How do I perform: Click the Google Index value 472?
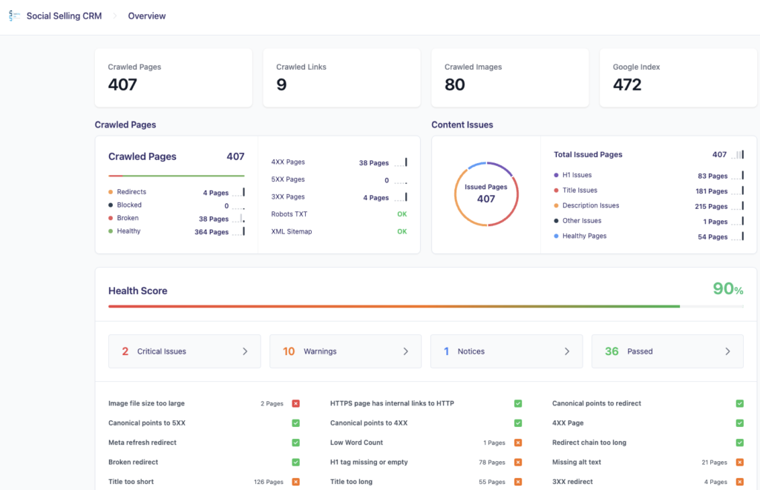pyautogui.click(x=627, y=85)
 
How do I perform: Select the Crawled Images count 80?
pyautogui.click(x=455, y=85)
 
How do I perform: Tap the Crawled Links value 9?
pyautogui.click(x=281, y=85)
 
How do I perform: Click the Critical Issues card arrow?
pyautogui.click(x=245, y=351)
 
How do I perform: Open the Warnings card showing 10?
pyautogui.click(x=345, y=351)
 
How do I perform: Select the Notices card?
pyautogui.click(x=506, y=351)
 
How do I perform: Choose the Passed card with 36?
pyautogui.click(x=667, y=351)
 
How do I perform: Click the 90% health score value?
pyautogui.click(x=727, y=289)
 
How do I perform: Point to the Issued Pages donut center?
pyautogui.click(x=486, y=193)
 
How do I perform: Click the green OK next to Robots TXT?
pyautogui.click(x=402, y=214)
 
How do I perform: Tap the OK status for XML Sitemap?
pyautogui.click(x=402, y=231)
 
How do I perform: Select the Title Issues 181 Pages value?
pyautogui.click(x=707, y=191)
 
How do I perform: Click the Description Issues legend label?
pyautogui.click(x=590, y=205)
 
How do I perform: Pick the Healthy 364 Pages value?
pyautogui.click(x=211, y=232)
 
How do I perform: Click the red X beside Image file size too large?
pyautogui.click(x=295, y=403)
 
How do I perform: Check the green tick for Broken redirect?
pyautogui.click(x=295, y=462)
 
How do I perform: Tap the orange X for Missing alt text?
pyautogui.click(x=739, y=462)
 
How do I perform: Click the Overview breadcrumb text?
pyautogui.click(x=147, y=16)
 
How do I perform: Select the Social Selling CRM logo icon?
pyautogui.click(x=13, y=16)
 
